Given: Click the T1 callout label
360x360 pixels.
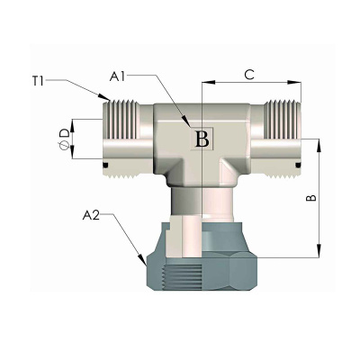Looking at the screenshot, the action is pyautogui.click(x=38, y=81).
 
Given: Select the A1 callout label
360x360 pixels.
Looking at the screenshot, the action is pyautogui.click(x=118, y=76).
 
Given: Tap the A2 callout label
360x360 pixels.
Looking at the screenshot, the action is pyautogui.click(x=91, y=215).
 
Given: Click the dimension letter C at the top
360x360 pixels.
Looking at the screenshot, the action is pyautogui.click(x=249, y=75).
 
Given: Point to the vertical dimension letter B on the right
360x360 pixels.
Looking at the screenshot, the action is pyautogui.click(x=311, y=198).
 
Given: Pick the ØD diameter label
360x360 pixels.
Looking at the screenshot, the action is pyautogui.click(x=65, y=139).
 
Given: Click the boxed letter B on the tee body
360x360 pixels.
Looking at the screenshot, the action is pyautogui.click(x=202, y=139).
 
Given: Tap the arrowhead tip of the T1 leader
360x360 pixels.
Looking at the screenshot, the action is pyautogui.click(x=110, y=100).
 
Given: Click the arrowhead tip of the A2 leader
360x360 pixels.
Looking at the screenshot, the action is pyautogui.click(x=146, y=265).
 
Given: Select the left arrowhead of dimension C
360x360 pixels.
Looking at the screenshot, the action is pyautogui.click(x=202, y=82).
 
